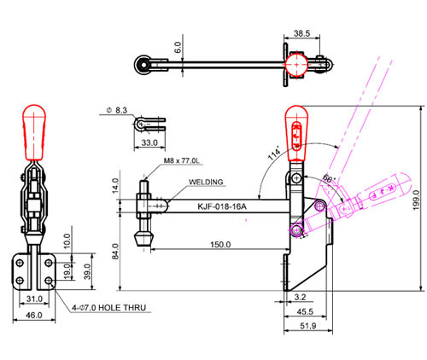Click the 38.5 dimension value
pyautogui.click(x=301, y=33)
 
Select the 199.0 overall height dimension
pyautogui.click(x=416, y=200)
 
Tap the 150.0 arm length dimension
pyautogui.click(x=220, y=244)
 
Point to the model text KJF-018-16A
pyautogui.click(x=222, y=206)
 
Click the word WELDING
pyautogui.click(x=206, y=182)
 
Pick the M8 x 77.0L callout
pyautogui.click(x=182, y=160)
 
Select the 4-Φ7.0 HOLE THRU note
pyautogui.click(x=109, y=308)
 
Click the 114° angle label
pyautogui.click(x=274, y=154)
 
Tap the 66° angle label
pyautogui.click(x=330, y=179)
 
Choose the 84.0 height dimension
pyautogui.click(x=115, y=251)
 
